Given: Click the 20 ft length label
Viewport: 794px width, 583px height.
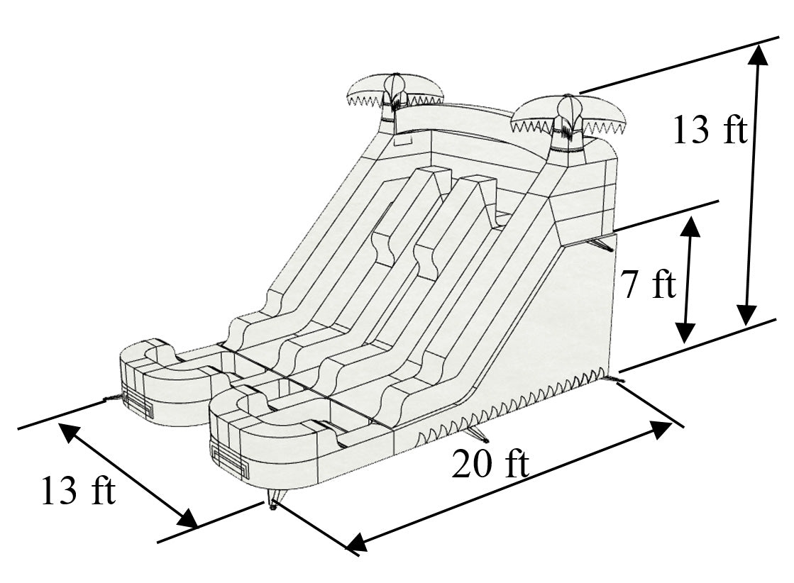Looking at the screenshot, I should coord(490,465).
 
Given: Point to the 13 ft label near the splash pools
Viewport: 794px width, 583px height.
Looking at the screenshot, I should coord(77,491).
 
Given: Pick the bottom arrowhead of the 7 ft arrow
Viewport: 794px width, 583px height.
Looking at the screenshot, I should coord(685,333).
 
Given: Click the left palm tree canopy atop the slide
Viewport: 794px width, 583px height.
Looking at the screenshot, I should coord(395,90).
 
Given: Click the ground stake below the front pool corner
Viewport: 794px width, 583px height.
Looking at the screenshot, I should coord(272,504).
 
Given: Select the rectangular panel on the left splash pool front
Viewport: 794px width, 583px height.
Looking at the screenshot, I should coord(139,405).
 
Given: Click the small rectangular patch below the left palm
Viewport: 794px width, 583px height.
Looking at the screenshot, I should coord(401,141).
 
